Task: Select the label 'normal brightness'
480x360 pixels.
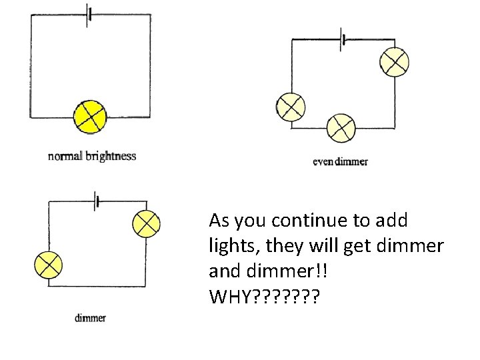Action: [92, 157]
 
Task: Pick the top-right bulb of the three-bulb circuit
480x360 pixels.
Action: [393, 62]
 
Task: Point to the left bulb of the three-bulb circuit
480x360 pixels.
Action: [291, 107]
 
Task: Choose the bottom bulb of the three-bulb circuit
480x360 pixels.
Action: [341, 127]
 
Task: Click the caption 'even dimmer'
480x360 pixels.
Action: [340, 161]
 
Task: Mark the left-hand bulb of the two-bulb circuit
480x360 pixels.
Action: [49, 265]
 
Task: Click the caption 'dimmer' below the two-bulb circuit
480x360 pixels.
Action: [90, 318]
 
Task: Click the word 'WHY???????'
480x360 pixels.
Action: [263, 295]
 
